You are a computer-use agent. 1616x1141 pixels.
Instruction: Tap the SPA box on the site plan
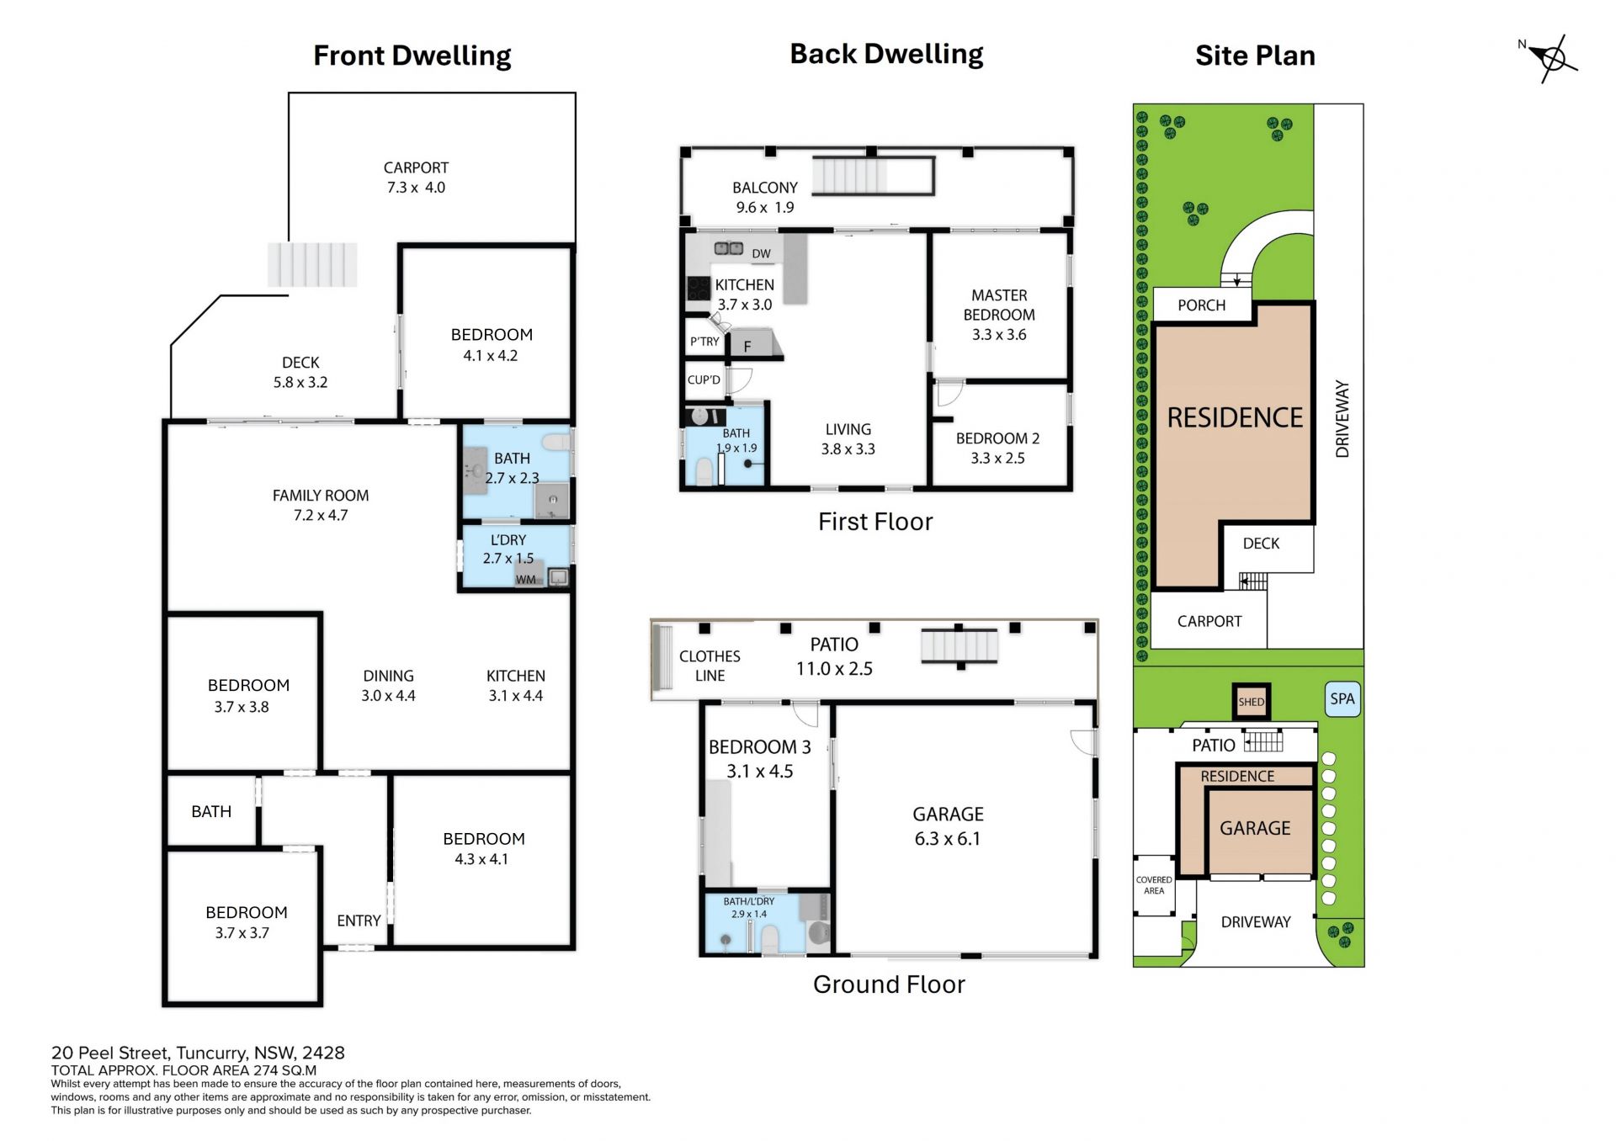click(x=1342, y=699)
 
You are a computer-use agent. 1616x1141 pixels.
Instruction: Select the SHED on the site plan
click(x=1252, y=702)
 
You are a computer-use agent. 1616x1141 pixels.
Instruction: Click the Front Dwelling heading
click(x=412, y=56)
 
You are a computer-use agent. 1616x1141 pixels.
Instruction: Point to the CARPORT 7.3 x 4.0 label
click(x=416, y=178)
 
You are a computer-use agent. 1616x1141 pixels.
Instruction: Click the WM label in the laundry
click(x=526, y=580)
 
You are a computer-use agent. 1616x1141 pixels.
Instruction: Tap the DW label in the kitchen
click(x=761, y=253)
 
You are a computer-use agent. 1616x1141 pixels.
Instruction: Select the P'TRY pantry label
click(x=704, y=342)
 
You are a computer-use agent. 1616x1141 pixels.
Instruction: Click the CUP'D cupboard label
click(x=704, y=379)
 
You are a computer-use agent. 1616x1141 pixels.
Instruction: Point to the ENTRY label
click(x=359, y=921)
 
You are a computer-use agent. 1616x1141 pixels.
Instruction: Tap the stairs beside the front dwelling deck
click(x=312, y=265)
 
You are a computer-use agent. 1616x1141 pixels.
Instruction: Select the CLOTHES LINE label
click(x=710, y=666)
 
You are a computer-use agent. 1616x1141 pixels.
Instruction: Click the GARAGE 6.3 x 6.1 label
click(x=948, y=826)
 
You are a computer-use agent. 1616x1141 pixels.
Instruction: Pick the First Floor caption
click(x=875, y=522)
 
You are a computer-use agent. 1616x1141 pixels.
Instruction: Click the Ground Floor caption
click(x=889, y=984)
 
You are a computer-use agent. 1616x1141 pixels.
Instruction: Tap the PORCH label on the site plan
click(x=1201, y=305)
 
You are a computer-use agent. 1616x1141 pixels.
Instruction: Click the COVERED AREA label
click(x=1154, y=885)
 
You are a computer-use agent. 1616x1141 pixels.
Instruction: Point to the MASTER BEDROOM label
click(x=999, y=315)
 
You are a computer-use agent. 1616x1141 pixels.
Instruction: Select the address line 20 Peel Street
click(x=198, y=1053)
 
